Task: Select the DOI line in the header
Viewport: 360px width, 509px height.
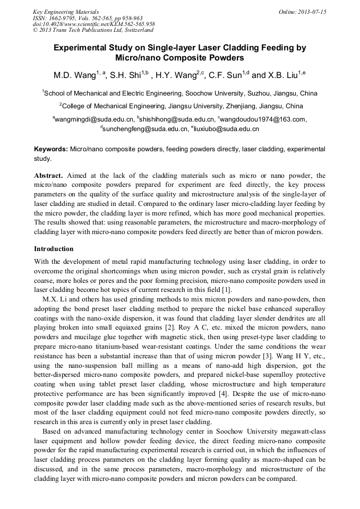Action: coord(93,24)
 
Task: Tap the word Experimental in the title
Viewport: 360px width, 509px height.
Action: coord(81,48)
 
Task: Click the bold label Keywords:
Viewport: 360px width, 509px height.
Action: coord(51,150)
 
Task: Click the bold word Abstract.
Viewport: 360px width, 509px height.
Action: coord(49,176)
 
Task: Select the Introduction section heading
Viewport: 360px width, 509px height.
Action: coord(54,249)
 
